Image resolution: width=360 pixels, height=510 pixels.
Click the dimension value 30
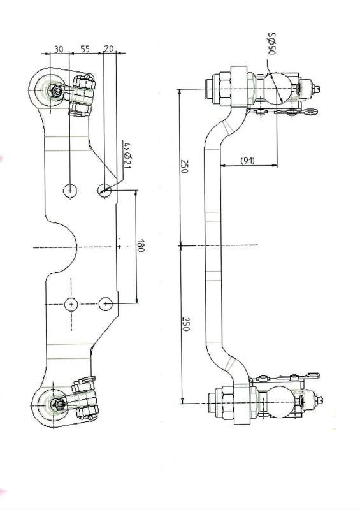(58, 48)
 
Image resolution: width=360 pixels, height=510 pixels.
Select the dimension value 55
(85, 48)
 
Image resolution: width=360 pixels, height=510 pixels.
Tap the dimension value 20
(109, 48)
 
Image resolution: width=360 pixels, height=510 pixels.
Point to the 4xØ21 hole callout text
(127, 156)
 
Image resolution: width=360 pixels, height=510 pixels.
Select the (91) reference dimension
(248, 161)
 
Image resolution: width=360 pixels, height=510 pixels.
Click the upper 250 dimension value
(185, 167)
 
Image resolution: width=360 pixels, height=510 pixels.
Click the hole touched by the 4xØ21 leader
(105, 189)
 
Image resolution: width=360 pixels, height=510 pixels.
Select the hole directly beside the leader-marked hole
(70, 189)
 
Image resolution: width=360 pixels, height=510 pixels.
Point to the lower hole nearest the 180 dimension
(106, 304)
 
